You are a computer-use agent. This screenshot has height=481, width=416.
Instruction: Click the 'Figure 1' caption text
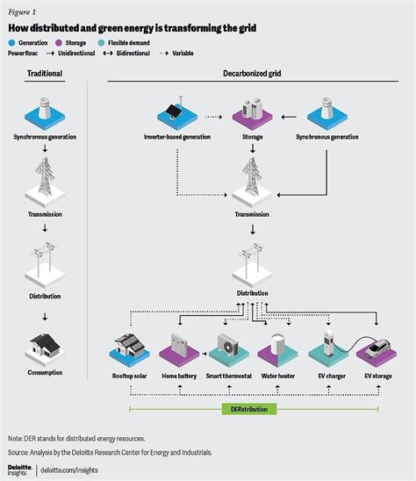pos(23,12)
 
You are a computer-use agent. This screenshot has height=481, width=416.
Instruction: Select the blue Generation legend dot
pos(14,42)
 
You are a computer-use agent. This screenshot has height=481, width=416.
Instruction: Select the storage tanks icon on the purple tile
pos(254,111)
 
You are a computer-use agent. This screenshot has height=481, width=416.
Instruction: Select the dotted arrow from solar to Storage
pos(215,115)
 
